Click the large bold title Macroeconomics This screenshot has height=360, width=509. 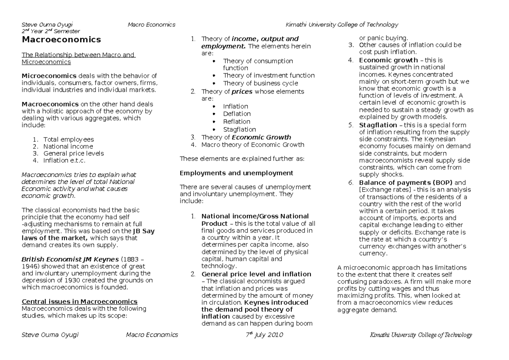point(61,40)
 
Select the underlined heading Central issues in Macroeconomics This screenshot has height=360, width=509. point(79,301)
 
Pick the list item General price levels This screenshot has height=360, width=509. point(73,153)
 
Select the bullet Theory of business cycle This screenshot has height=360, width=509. point(260,83)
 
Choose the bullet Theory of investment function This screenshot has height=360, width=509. point(268,76)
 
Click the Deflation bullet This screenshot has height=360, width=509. point(237,114)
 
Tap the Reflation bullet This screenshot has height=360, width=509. point(237,121)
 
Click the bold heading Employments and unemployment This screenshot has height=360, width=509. point(236,173)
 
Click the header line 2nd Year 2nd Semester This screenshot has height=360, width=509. point(50,31)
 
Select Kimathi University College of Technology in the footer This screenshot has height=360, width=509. point(421,335)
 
